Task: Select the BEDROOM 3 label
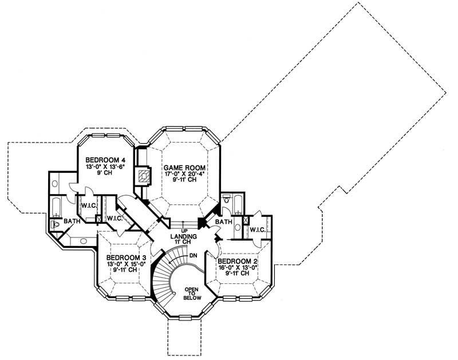click(123, 257)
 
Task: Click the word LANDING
click(184, 236)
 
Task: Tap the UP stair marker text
click(185, 231)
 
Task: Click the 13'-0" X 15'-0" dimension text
click(123, 264)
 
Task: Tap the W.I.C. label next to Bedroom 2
click(258, 230)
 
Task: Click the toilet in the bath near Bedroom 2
click(229, 200)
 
